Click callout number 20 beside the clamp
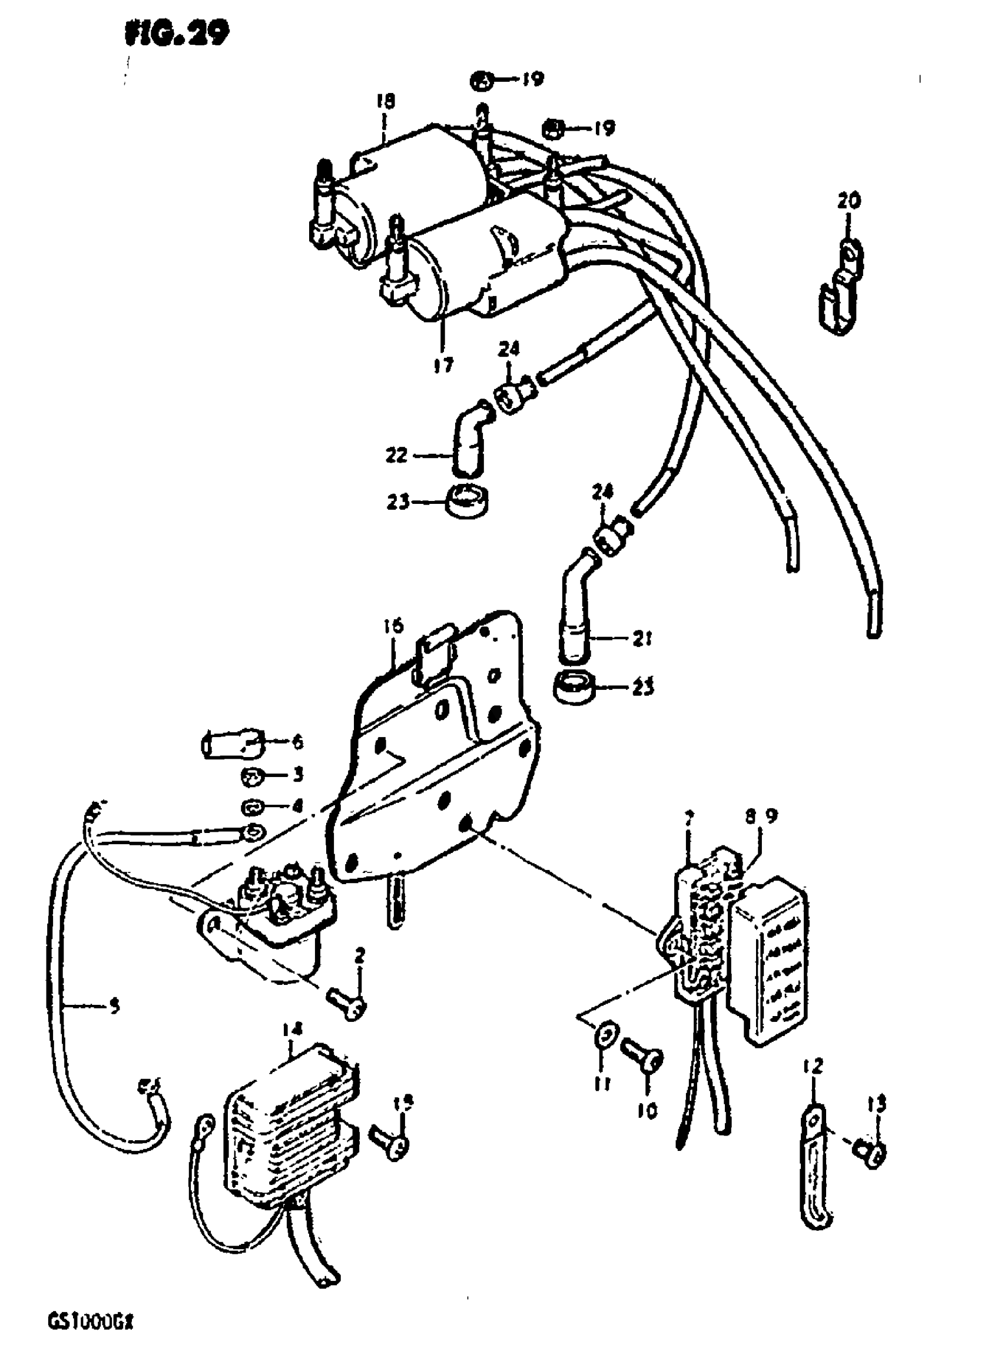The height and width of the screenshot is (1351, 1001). (849, 201)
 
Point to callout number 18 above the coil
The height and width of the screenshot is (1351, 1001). (384, 101)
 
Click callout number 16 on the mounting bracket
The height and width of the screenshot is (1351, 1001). (393, 626)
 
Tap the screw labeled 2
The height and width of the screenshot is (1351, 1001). (347, 1007)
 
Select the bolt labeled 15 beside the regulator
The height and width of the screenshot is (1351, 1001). (392, 1145)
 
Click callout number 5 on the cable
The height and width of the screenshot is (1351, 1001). (114, 1007)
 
